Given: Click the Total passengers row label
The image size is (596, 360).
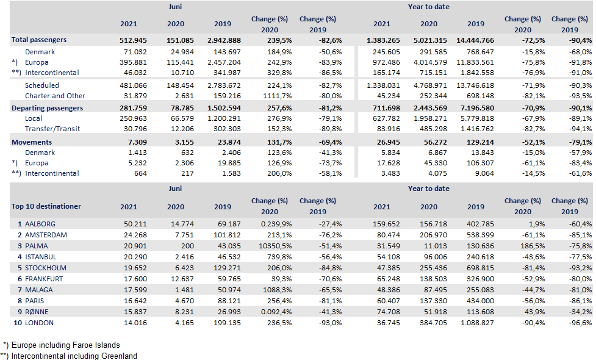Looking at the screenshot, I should (38, 40).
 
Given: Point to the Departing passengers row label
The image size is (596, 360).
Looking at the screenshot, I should (46, 108).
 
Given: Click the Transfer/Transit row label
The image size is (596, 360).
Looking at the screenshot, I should (52, 129).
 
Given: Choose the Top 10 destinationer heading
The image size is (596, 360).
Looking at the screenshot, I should (46, 206).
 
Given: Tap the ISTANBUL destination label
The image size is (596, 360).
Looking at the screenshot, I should (42, 257).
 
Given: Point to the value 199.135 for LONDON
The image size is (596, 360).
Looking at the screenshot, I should (223, 323).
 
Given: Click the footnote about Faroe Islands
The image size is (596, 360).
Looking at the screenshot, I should (65, 345).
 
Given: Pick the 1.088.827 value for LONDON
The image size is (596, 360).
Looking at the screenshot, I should (476, 323).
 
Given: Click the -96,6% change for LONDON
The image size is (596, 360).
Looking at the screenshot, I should (578, 323).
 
